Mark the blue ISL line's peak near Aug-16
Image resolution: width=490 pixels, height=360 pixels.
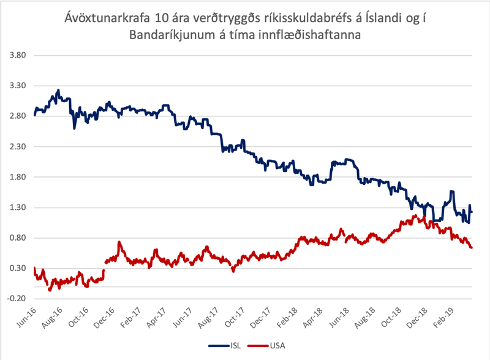pyautogui.click(x=58, y=90)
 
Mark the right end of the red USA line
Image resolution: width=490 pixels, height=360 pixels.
pyautogui.click(x=472, y=247)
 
